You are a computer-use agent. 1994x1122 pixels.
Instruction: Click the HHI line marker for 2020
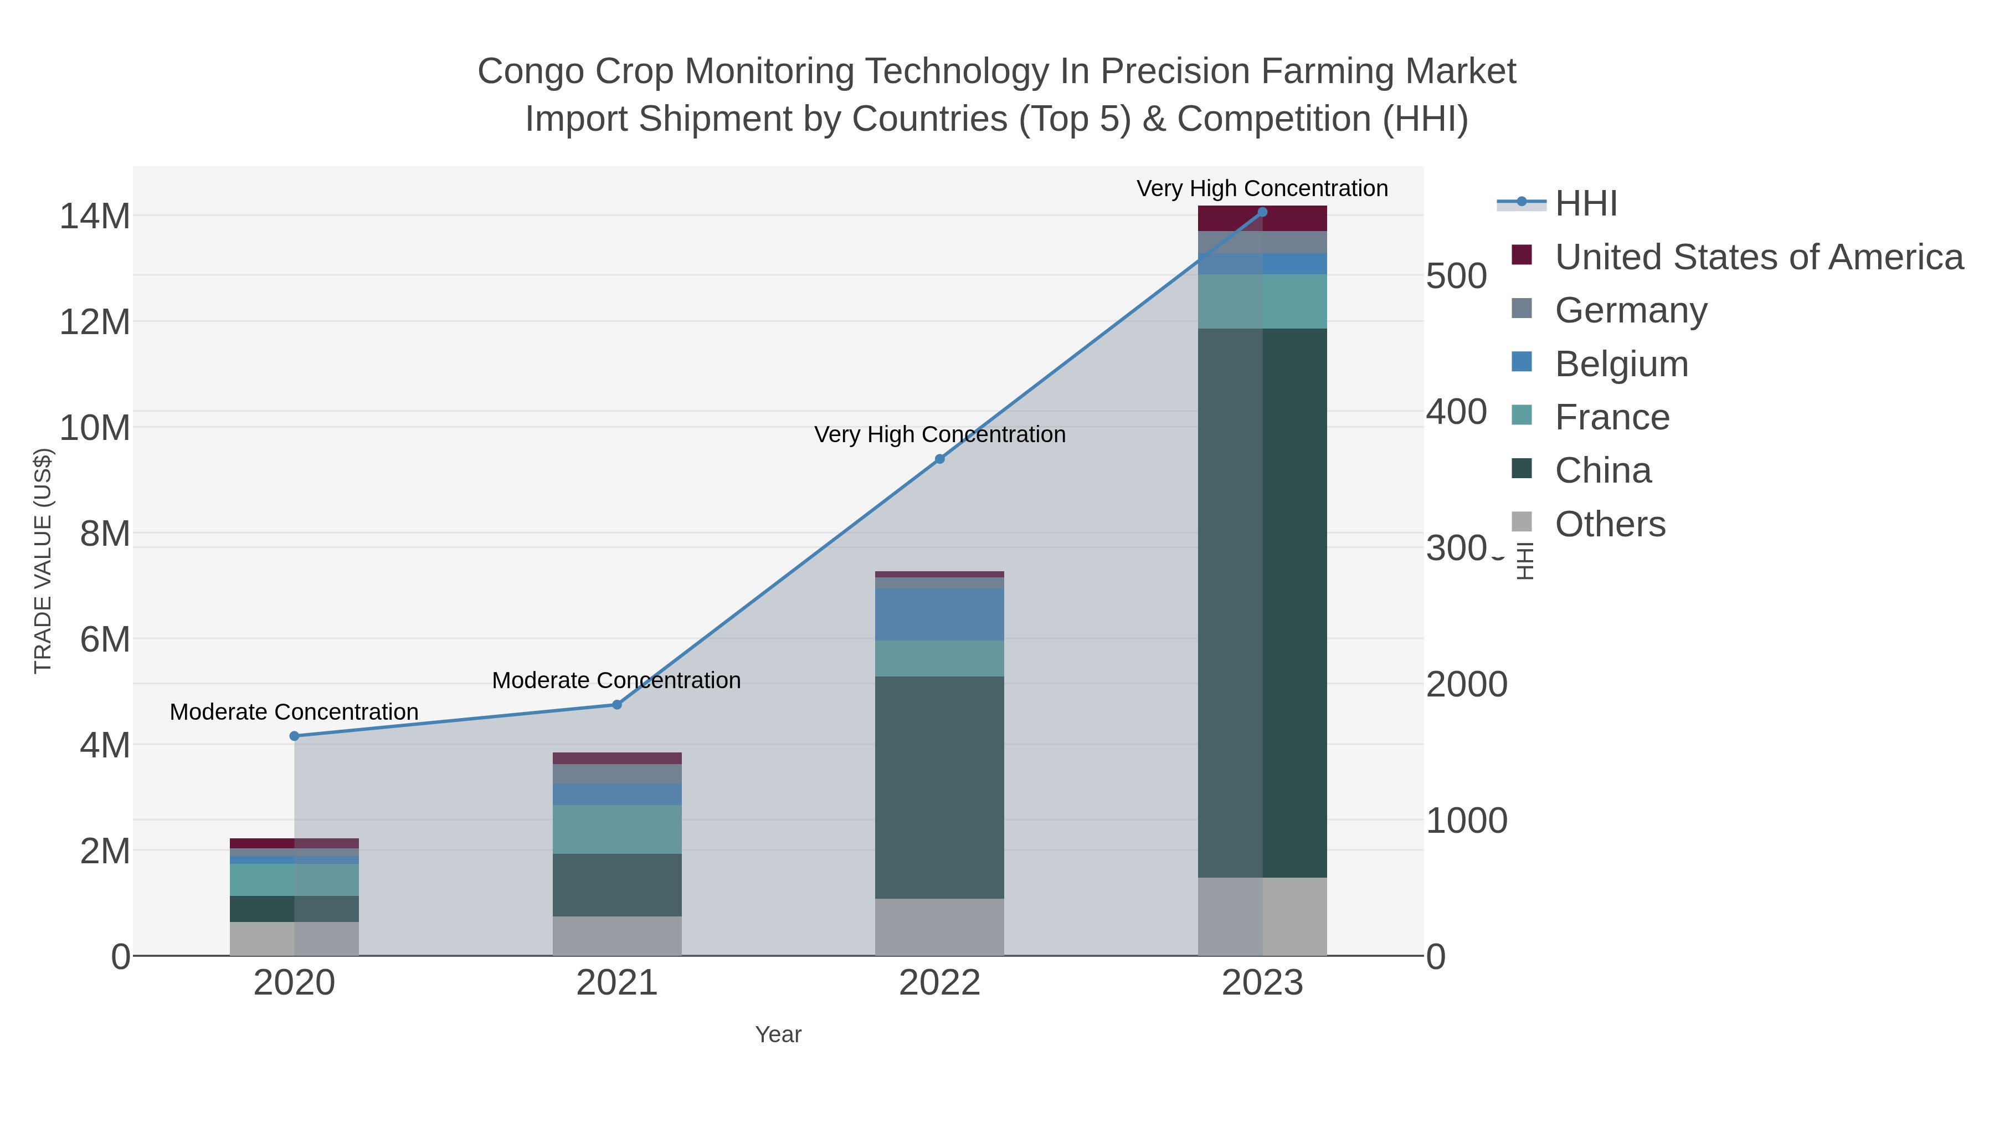(294, 736)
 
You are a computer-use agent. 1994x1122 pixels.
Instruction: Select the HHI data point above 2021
(617, 705)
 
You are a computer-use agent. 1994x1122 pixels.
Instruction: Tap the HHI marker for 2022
(940, 459)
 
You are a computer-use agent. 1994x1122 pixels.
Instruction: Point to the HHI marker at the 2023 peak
(1262, 212)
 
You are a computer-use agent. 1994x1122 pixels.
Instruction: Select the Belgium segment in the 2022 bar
(940, 614)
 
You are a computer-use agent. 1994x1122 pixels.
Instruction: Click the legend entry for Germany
(1630, 310)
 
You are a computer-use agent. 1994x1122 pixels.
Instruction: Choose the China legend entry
(1602, 471)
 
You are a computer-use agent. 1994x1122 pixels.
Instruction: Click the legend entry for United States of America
(1758, 257)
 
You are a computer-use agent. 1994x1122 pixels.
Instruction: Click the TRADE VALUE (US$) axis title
(43, 561)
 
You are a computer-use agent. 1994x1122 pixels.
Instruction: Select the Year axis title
(778, 1034)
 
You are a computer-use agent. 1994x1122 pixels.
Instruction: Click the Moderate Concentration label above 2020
(294, 711)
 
